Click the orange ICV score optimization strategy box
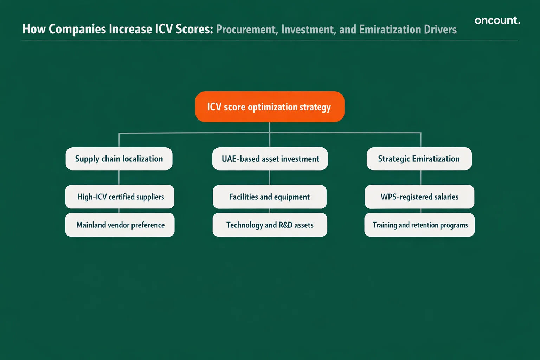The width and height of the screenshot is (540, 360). (x=270, y=107)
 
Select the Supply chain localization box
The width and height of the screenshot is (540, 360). (x=119, y=159)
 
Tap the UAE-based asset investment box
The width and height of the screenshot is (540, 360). (x=270, y=159)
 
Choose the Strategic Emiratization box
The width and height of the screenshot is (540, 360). (x=419, y=159)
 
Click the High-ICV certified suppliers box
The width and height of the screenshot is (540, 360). (x=120, y=197)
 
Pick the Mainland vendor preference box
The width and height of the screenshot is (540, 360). (x=120, y=225)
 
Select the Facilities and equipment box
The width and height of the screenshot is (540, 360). (x=270, y=197)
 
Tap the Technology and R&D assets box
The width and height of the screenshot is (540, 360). (x=270, y=225)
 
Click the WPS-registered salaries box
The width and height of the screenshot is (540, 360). (x=419, y=197)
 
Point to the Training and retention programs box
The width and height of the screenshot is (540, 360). (x=419, y=225)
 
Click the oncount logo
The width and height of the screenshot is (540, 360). (x=497, y=20)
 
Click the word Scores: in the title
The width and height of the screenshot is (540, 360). (x=194, y=29)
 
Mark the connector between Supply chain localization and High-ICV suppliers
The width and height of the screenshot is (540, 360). (x=119, y=178)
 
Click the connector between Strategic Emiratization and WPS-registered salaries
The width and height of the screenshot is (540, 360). (x=421, y=178)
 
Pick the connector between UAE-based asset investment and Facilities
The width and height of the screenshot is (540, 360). (x=270, y=178)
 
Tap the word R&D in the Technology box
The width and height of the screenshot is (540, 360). (x=285, y=225)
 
